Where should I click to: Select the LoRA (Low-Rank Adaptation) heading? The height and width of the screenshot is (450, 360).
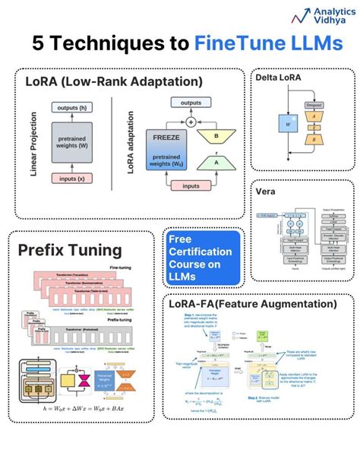(113, 81)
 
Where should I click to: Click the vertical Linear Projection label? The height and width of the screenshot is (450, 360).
(34, 144)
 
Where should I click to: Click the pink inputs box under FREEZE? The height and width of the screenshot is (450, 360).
(191, 185)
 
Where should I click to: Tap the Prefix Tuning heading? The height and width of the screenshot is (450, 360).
(71, 249)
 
